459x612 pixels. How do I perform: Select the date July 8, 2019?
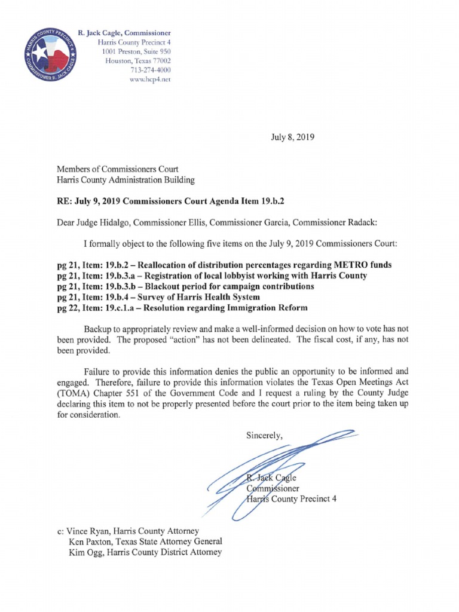(290, 137)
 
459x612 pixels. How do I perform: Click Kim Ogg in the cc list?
(85, 552)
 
